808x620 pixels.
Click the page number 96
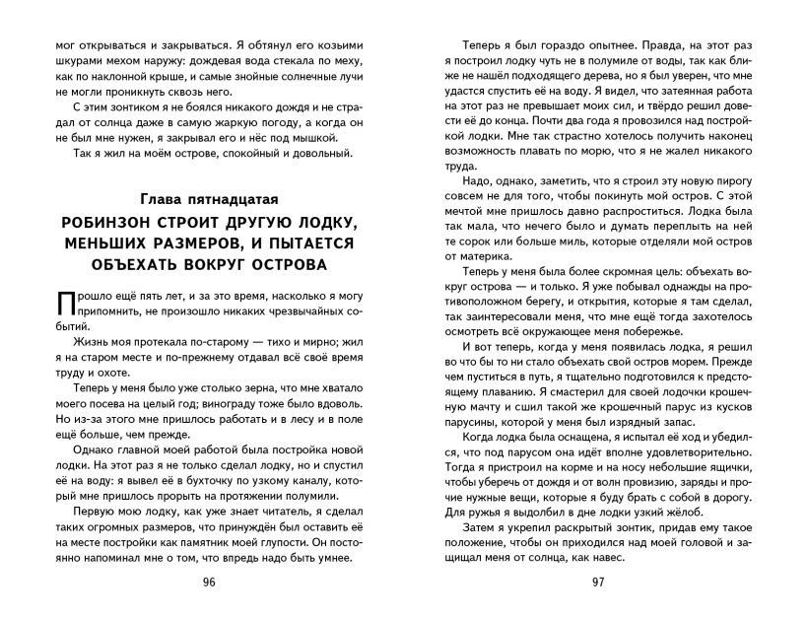click(x=208, y=582)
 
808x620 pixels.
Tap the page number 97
click(x=597, y=582)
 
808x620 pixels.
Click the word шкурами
click(x=65, y=67)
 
